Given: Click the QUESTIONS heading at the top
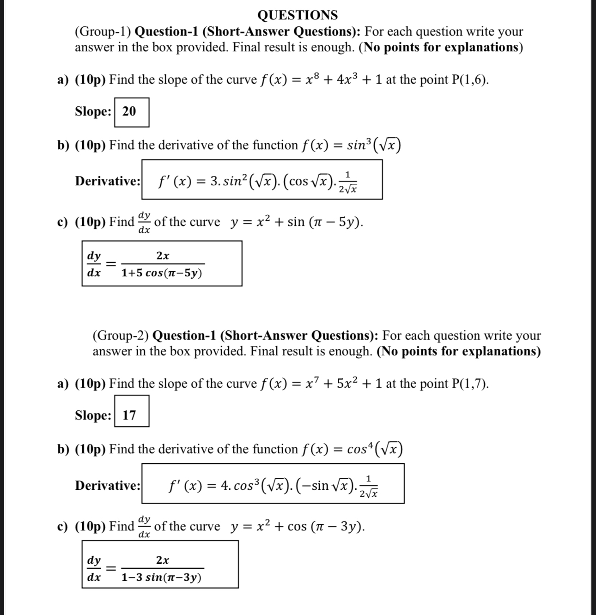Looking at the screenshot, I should tap(298, 15).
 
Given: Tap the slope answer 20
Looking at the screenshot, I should tap(129, 111).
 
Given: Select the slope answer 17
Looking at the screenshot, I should tap(129, 415).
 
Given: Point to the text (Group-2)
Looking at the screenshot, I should tap(121, 335).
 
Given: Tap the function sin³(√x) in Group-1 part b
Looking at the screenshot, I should tap(374, 145).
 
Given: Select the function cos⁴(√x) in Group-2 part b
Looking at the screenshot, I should tap(375, 449).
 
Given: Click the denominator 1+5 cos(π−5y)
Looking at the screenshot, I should tap(162, 273).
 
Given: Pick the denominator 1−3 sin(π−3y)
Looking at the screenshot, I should tap(161, 578).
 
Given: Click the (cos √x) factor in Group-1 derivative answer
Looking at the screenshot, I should tap(307, 181).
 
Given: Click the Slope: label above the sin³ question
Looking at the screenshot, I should tap(93, 111).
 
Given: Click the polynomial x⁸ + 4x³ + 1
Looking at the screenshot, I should tap(344, 79).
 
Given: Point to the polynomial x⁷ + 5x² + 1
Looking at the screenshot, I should tap(344, 384).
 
